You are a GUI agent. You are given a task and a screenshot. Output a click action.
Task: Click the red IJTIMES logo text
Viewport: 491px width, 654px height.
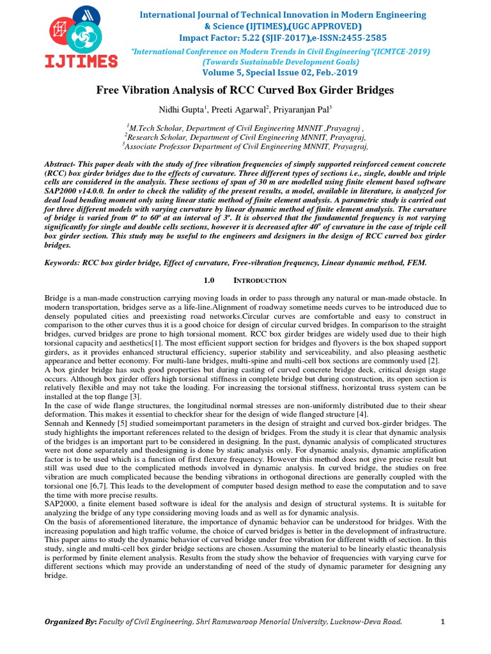(x=81, y=61)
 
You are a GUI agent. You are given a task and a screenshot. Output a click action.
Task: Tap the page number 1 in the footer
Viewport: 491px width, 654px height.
(x=442, y=622)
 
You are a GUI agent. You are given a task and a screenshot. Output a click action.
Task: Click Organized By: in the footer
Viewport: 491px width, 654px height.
(x=70, y=622)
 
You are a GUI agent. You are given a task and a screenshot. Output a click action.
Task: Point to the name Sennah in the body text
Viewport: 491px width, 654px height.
(x=59, y=423)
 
